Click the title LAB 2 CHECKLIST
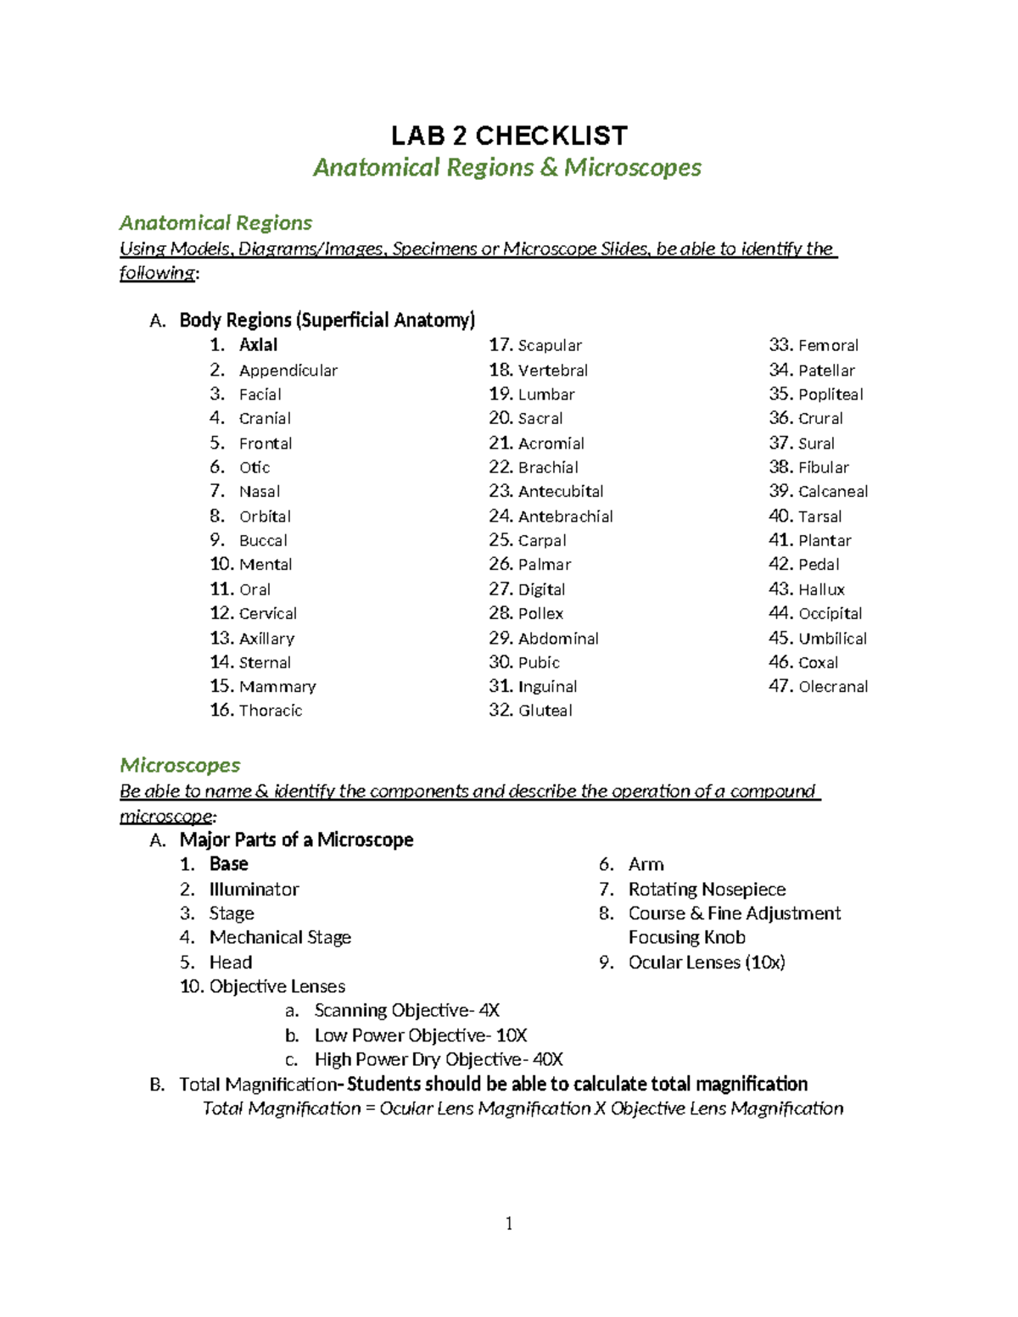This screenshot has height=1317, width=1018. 509,136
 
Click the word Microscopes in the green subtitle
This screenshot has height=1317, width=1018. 633,168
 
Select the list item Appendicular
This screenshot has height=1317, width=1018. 288,371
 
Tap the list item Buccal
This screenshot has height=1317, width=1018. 263,541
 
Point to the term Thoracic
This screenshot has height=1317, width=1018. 270,711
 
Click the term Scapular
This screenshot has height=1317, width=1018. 550,346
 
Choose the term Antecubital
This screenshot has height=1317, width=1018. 561,492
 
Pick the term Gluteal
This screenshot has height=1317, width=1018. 545,711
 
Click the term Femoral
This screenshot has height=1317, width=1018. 828,346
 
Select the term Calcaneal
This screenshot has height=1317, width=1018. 833,492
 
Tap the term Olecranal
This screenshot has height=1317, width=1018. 833,687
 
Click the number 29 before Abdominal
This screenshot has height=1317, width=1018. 501,639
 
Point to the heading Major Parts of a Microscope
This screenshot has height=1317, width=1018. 296,840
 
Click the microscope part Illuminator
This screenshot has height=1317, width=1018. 254,890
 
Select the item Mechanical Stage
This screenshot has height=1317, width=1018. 280,937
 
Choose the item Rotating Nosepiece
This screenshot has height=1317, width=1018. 707,890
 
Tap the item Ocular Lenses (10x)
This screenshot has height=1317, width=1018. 707,963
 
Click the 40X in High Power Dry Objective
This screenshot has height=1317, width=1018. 547,1059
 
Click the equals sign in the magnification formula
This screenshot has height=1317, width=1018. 370,1109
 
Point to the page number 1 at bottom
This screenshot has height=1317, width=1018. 509,1223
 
